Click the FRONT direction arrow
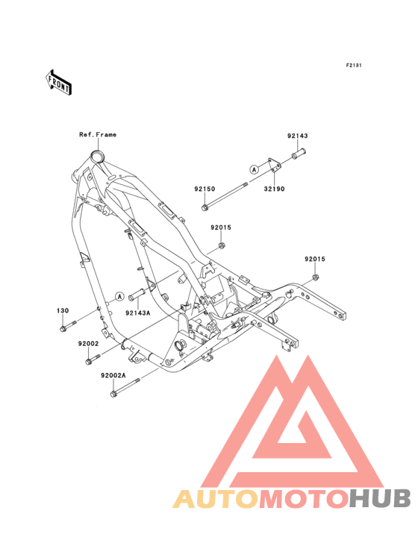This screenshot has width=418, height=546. [x=58, y=83]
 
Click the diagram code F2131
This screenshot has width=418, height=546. [x=354, y=65]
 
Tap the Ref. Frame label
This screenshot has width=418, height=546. [x=98, y=134]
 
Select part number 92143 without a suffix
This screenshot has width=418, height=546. [x=298, y=136]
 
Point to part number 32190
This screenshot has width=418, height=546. [x=274, y=189]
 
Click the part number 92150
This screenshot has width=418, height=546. [x=205, y=189]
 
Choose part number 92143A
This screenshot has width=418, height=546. [x=137, y=313]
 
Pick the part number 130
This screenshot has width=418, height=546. [x=63, y=310]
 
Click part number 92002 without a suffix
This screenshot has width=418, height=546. [x=89, y=343]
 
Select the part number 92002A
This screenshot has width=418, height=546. [x=113, y=375]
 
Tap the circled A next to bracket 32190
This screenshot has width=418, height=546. [x=255, y=169]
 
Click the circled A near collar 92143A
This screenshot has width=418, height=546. [x=119, y=296]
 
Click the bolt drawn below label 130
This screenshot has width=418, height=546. [x=68, y=326]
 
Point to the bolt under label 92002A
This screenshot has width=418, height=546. [x=125, y=388]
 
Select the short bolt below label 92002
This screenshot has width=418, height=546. [x=93, y=360]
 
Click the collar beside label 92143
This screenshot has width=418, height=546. [x=299, y=154]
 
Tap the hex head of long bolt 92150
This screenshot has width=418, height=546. [x=205, y=207]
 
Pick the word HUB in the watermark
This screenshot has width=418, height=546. [x=381, y=498]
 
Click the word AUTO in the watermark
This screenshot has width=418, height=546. [x=216, y=498]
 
